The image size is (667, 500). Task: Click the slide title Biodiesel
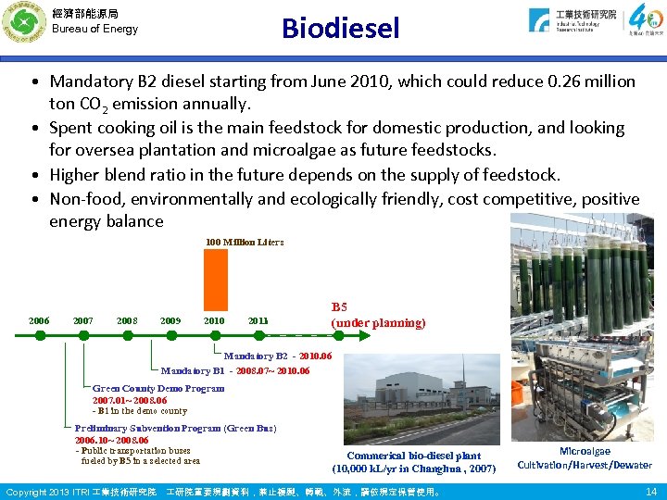341,29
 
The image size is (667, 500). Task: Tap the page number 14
650,491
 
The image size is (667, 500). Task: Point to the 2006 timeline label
38,321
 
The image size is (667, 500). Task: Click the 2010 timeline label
214,321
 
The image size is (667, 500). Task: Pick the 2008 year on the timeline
127,321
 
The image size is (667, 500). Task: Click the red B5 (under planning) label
378,315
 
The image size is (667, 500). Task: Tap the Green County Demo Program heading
158,388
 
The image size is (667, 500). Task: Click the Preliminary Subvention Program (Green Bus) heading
175,428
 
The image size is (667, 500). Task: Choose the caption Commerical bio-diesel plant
413,456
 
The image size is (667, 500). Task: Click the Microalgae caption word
585,451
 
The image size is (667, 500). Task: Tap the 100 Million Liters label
245,242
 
